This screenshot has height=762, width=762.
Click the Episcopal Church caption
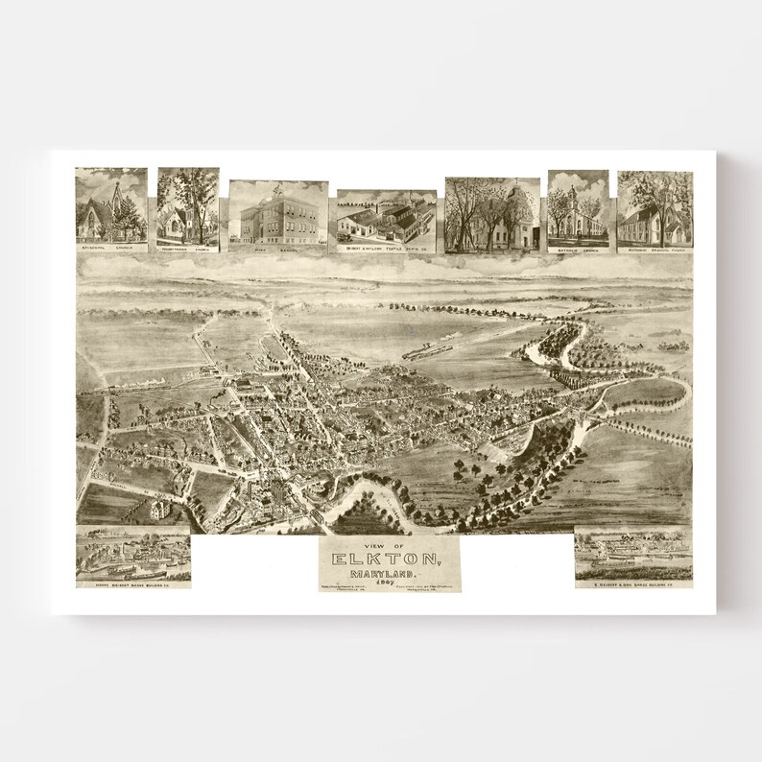point(111,248)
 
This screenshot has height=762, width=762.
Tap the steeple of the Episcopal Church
point(117,191)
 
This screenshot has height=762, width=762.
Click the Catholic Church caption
point(578,248)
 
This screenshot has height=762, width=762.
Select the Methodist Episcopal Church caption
point(655,248)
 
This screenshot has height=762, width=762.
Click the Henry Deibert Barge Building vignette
point(133,555)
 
